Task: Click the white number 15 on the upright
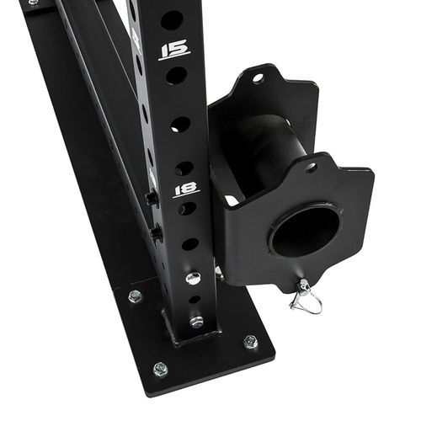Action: [174, 50]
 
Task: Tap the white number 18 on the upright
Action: [186, 189]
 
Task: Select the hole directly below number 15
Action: [176, 76]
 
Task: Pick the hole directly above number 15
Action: [172, 20]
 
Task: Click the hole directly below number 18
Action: [187, 209]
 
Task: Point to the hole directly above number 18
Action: [184, 168]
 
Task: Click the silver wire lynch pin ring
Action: [306, 298]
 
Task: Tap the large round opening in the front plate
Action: [305, 232]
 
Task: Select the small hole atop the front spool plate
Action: [311, 168]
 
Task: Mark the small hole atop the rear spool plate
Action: [258, 77]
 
